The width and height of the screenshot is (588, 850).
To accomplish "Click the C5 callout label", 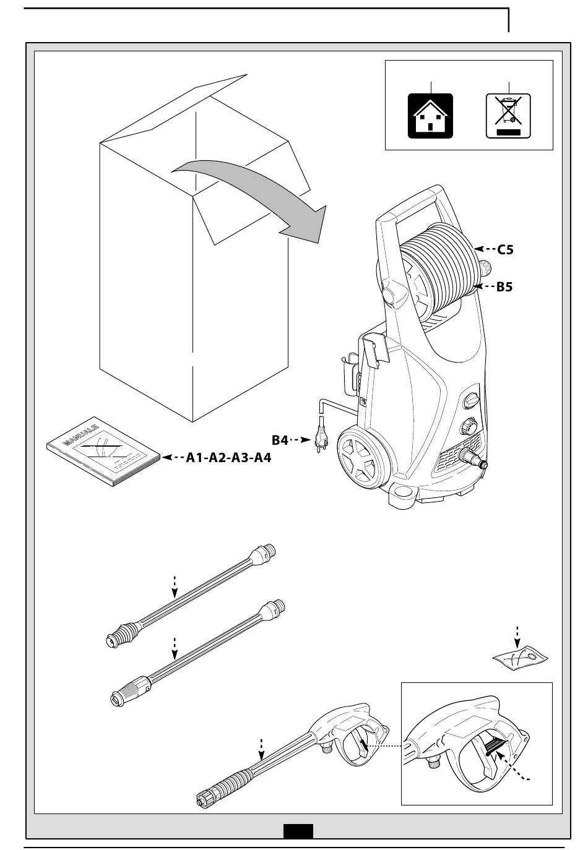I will (506, 250).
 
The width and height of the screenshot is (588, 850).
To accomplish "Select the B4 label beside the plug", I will (280, 440).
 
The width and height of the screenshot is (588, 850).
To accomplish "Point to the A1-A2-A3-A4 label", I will (228, 458).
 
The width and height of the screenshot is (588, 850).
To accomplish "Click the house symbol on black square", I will (430, 116).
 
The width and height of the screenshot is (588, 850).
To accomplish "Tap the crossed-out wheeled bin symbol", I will (508, 116).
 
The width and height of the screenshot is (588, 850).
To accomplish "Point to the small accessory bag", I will (522, 658).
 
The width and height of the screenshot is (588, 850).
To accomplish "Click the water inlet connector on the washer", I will (473, 460).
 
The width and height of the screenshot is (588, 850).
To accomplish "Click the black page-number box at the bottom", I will (298, 830).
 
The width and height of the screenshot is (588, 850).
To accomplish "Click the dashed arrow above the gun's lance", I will (261, 749).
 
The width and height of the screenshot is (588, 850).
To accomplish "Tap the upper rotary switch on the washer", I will (471, 400).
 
